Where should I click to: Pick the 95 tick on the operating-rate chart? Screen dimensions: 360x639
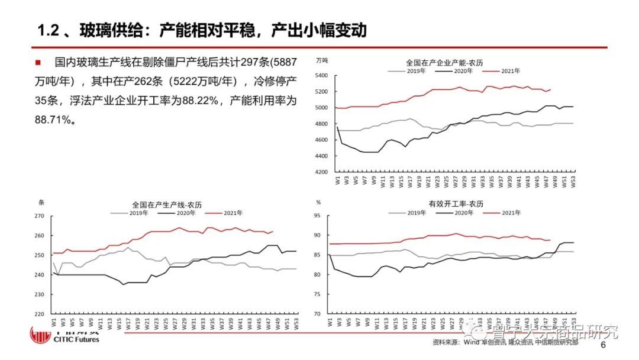click(x=318, y=216)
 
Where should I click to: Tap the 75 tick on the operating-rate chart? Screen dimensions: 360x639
click(x=318, y=294)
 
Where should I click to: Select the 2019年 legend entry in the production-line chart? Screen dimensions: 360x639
click(x=138, y=213)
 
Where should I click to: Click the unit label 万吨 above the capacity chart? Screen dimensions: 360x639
click(x=322, y=60)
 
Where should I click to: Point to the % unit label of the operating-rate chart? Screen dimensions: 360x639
click(x=318, y=202)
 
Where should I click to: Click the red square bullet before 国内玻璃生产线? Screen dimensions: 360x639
click(x=38, y=62)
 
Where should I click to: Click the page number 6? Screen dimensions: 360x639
click(x=603, y=345)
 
